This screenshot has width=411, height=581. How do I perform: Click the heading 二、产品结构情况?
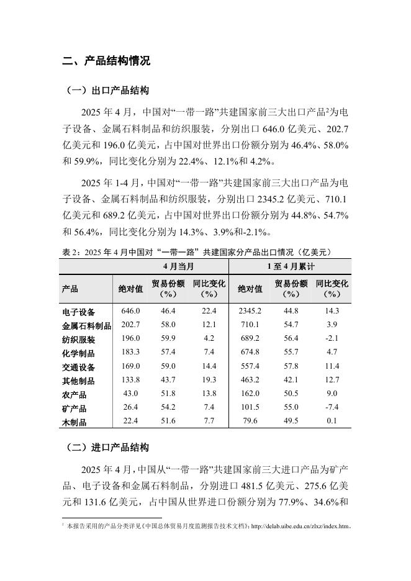pos(106,61)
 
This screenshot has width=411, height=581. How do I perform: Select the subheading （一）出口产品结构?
pos(107,91)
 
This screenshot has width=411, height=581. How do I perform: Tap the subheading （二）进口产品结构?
pos(107,448)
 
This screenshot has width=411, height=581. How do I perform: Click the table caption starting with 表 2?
pos(197,252)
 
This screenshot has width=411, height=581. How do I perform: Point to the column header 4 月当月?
pos(169,267)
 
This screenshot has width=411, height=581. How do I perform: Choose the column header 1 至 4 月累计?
pos(290,267)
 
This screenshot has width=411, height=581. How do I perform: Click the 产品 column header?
pos(70,289)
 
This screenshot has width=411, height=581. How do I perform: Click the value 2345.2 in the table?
pos(250,310)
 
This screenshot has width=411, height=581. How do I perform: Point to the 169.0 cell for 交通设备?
pos(131,366)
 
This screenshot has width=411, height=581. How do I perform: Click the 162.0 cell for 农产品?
pos(250,394)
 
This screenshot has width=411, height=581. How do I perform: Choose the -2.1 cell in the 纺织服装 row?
pos(332,338)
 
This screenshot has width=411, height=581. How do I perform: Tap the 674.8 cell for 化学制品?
pos(250,353)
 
